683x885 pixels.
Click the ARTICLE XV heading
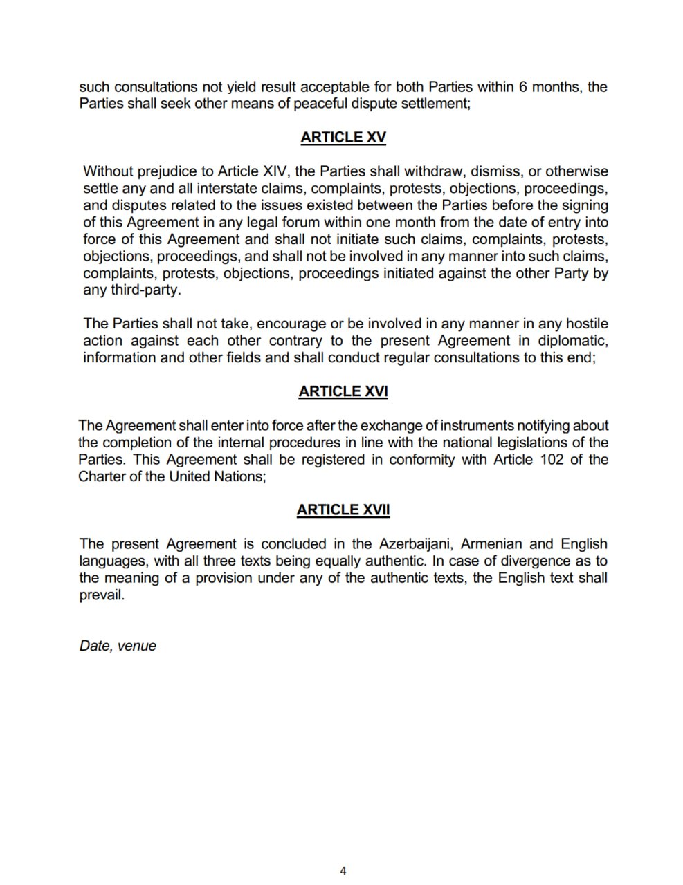[x=343, y=137]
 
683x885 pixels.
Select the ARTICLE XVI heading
[x=343, y=391]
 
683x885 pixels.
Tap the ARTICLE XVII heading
[x=343, y=510]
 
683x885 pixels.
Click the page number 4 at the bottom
[x=343, y=870]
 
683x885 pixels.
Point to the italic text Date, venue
[x=118, y=646]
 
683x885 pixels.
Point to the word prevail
[x=101, y=595]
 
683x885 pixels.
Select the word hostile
[x=587, y=324]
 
